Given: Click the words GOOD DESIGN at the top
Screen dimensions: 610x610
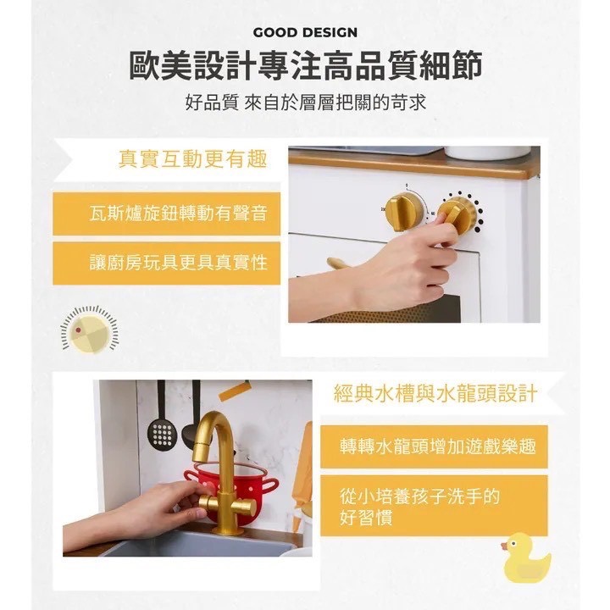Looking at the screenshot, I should tap(305, 33).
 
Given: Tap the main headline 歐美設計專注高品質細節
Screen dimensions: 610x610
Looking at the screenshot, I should tap(305, 66).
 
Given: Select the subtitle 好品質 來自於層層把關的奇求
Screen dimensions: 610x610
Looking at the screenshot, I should tap(305, 104).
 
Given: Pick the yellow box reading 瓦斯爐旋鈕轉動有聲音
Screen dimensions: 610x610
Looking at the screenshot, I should tap(166, 213).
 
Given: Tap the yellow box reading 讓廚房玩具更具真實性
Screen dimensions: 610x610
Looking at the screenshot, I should tap(166, 263).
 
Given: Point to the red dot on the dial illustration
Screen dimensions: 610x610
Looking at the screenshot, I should tap(79, 329).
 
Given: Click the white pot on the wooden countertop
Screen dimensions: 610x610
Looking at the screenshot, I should tap(486, 152).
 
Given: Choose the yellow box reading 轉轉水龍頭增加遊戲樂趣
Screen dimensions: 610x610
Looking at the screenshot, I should tap(434, 446).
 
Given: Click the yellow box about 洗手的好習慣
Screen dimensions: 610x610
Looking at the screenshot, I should tap(434, 506).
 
